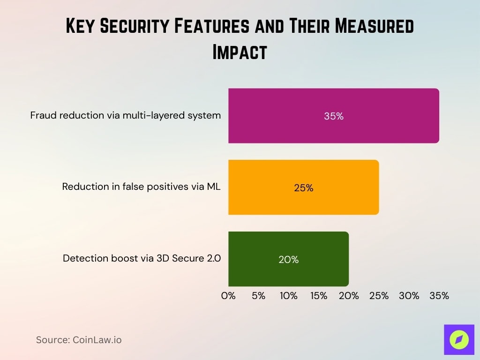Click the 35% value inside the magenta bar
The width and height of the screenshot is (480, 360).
(x=334, y=116)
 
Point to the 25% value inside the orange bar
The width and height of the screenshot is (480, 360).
(x=303, y=188)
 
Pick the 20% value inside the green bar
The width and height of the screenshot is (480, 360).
(x=288, y=260)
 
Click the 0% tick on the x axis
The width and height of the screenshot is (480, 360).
(x=228, y=296)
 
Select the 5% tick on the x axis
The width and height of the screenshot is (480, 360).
(x=258, y=296)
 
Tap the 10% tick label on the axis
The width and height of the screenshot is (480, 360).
(x=288, y=296)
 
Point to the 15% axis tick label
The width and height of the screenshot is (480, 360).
(x=319, y=296)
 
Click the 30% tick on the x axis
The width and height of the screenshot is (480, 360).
(x=409, y=296)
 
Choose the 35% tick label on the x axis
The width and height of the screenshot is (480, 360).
(x=439, y=296)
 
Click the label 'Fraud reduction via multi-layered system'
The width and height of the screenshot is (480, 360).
(x=126, y=115)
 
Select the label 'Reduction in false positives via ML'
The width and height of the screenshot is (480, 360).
(x=141, y=187)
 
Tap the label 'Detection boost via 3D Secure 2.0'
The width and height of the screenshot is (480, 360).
(x=142, y=258)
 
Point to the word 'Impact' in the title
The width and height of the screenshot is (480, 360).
(x=240, y=52)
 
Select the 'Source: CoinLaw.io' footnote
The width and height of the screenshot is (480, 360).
(x=79, y=340)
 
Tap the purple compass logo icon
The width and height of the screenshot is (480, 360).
(x=459, y=339)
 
